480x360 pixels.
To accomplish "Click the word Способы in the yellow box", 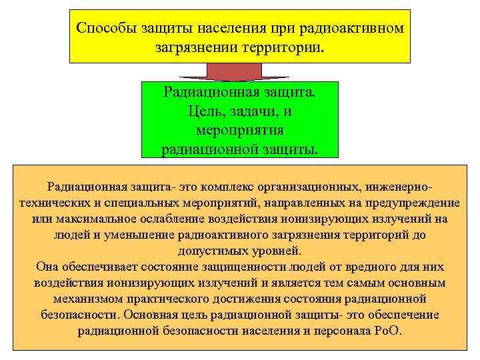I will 104,28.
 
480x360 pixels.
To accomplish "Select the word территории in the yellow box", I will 279,49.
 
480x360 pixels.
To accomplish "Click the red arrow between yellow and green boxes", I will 240,71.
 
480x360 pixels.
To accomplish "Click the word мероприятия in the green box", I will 240,129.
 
